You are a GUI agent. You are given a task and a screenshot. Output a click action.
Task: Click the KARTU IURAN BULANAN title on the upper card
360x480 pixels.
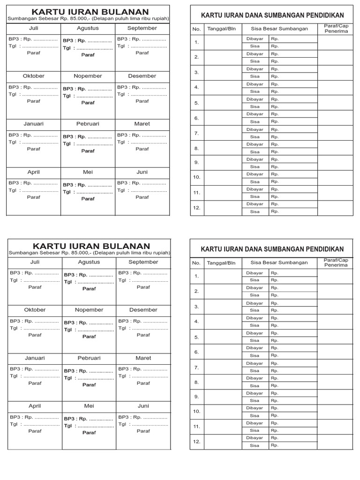click(x=90, y=12)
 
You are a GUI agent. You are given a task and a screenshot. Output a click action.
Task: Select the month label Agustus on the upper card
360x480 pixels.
click(x=88, y=28)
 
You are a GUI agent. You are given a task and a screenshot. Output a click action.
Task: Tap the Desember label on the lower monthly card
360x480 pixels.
click(x=143, y=310)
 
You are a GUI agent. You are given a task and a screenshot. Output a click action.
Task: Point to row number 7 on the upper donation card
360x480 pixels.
click(x=197, y=133)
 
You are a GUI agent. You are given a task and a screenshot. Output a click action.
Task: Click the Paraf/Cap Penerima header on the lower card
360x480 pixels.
click(x=336, y=262)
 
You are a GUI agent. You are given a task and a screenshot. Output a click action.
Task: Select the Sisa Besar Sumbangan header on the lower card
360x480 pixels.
click(x=279, y=262)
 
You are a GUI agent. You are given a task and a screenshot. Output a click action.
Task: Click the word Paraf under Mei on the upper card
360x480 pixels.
click(x=88, y=199)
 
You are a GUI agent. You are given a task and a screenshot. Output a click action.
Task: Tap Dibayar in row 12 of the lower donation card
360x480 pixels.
click(x=255, y=438)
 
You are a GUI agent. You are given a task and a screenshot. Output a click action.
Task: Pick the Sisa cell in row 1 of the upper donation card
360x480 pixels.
click(x=255, y=46)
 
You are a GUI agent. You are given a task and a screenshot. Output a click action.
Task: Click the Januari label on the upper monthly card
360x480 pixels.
click(x=34, y=124)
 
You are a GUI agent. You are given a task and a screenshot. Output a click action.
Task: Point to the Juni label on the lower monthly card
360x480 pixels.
click(x=143, y=406)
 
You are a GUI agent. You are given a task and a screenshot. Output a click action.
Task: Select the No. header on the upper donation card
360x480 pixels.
click(x=196, y=29)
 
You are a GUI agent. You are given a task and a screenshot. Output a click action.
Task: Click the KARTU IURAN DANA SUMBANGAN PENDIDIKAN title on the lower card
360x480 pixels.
click(x=272, y=249)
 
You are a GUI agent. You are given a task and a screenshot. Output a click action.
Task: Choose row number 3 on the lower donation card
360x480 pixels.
click(x=197, y=307)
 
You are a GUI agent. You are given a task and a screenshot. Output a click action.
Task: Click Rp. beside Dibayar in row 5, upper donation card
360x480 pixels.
click(x=275, y=99)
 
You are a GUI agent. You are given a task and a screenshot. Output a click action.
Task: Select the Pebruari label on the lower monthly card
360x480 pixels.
click(x=89, y=358)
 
